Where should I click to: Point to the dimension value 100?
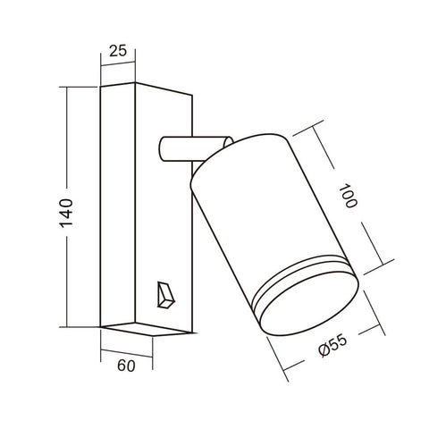tap(349, 195)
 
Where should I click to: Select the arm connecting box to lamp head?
tap(183, 147)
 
